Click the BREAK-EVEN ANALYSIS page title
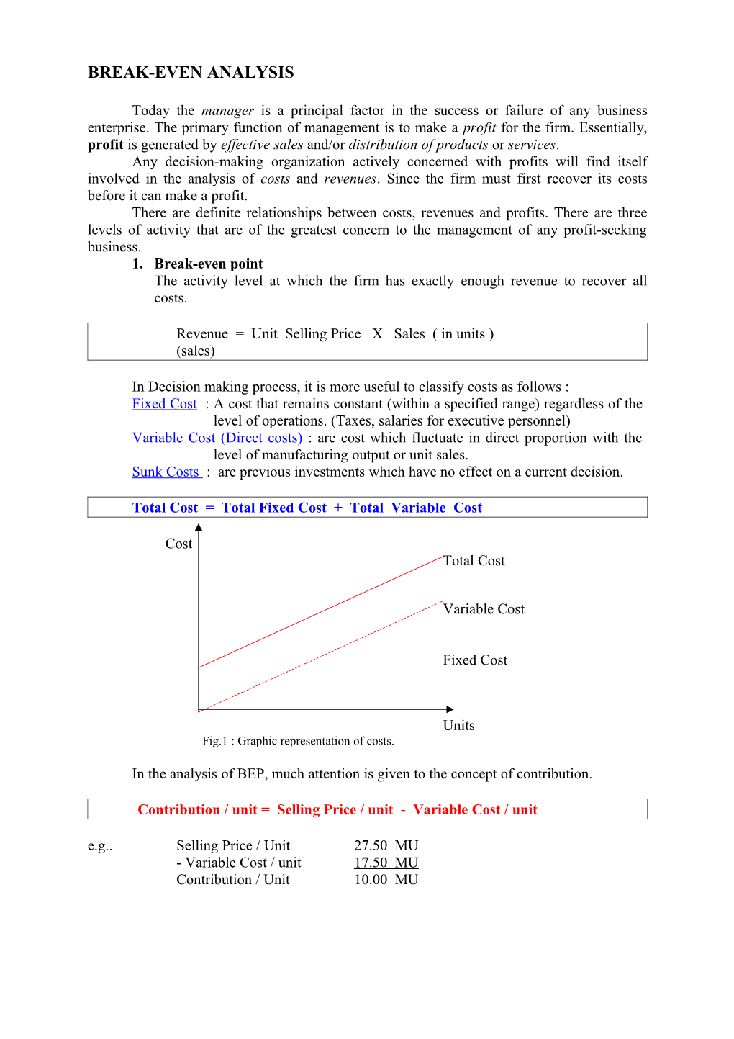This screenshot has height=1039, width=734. (x=191, y=73)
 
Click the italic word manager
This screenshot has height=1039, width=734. (x=227, y=111)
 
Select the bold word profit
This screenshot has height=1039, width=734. (x=106, y=145)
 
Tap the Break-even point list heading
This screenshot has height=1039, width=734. (x=208, y=264)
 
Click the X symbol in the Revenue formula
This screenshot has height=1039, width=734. (x=377, y=334)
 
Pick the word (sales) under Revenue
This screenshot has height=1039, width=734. (x=196, y=351)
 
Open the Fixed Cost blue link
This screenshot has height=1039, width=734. (x=164, y=404)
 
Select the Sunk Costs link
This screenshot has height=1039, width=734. (x=166, y=472)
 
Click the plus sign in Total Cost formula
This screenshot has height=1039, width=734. (x=338, y=508)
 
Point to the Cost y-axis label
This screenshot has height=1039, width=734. (x=178, y=544)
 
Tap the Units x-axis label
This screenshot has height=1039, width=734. (x=458, y=726)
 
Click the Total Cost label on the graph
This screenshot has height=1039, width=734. (x=474, y=561)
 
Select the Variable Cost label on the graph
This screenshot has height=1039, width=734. (x=484, y=609)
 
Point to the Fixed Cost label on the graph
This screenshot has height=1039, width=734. (x=475, y=660)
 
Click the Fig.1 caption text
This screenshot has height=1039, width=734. (x=298, y=742)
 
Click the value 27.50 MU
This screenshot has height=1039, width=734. (x=386, y=846)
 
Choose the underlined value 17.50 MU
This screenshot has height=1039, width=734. (x=386, y=863)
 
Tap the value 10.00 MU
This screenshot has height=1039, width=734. (x=386, y=880)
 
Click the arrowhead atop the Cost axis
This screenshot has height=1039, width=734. (x=199, y=528)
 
